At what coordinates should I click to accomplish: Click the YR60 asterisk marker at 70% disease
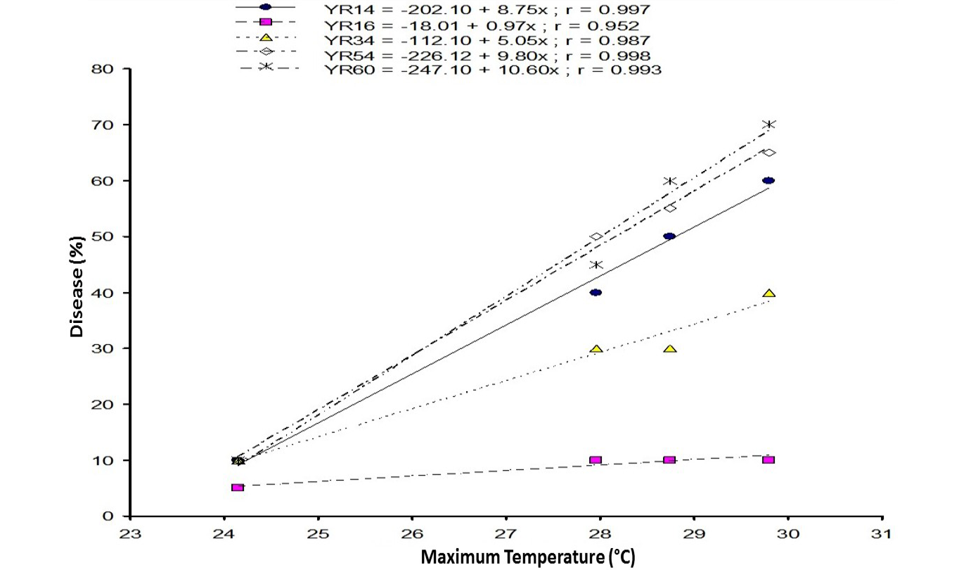(769, 125)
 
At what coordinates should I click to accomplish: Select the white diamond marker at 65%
(769, 153)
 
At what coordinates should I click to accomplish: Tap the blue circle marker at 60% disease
(768, 180)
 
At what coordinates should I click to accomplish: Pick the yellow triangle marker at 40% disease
(769, 293)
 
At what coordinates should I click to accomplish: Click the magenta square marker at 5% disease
(238, 487)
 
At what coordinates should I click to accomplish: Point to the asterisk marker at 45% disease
(596, 265)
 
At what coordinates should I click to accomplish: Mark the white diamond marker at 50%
(596, 236)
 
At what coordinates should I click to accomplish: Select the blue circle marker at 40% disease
(596, 292)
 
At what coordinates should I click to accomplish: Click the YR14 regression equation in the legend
(487, 9)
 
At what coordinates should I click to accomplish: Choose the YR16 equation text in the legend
(482, 26)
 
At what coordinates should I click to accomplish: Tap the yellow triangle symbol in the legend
(266, 37)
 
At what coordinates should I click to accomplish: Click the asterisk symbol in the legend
(266, 66)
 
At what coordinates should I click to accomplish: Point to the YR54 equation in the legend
(487, 56)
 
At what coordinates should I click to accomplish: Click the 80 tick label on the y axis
(103, 69)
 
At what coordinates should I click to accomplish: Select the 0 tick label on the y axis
(108, 516)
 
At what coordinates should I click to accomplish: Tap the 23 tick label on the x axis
(130, 534)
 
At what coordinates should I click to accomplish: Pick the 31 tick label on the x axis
(882, 534)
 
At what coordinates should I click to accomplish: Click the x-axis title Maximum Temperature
(528, 557)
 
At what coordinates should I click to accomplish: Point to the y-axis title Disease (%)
(77, 286)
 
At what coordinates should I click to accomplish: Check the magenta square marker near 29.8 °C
(768, 460)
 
